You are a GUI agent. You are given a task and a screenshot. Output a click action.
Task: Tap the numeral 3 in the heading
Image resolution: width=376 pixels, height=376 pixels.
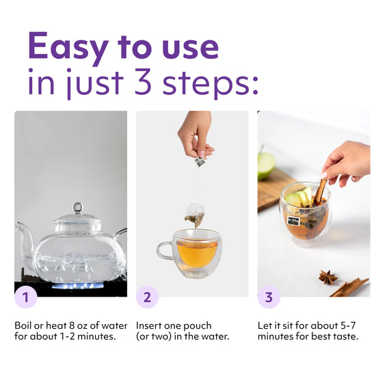click(x=143, y=82)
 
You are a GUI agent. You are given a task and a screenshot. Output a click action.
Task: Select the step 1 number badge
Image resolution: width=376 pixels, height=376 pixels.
click(x=26, y=297)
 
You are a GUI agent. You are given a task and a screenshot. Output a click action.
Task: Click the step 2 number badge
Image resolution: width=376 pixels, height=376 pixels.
click(x=147, y=297)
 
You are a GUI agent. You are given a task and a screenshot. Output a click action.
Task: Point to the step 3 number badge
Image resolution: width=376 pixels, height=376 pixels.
click(x=269, y=297)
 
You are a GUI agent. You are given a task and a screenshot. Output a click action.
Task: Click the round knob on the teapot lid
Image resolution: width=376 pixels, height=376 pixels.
click(x=78, y=208)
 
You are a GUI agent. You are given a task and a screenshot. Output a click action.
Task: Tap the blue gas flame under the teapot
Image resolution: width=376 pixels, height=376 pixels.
click(x=78, y=286)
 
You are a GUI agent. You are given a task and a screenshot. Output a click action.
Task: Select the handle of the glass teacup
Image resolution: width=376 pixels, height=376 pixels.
click(x=165, y=250)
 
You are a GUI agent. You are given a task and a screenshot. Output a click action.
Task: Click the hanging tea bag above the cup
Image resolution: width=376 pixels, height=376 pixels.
click(x=196, y=215)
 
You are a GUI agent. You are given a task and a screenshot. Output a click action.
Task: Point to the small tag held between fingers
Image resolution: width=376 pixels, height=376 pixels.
click(x=200, y=161)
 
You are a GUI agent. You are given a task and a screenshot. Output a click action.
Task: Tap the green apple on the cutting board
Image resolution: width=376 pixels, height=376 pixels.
click(x=266, y=165)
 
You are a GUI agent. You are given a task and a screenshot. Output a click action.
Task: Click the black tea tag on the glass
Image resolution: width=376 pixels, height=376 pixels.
click(x=294, y=220)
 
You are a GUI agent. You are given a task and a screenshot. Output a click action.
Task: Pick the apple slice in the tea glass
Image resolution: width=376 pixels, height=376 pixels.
click(x=299, y=197)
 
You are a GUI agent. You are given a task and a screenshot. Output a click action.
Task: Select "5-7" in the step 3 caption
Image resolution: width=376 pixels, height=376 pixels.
click(x=348, y=325)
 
